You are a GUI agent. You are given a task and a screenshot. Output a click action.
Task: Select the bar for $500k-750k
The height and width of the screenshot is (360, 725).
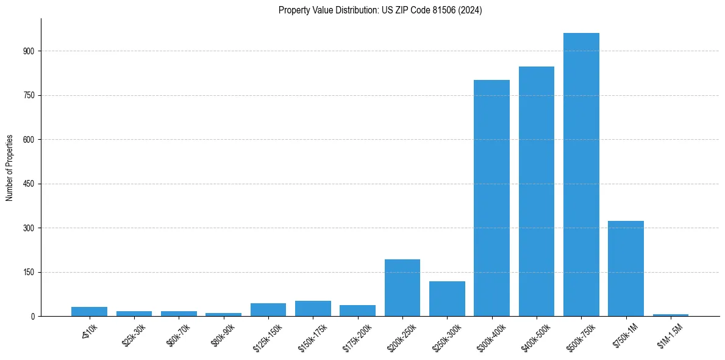(x=581, y=175)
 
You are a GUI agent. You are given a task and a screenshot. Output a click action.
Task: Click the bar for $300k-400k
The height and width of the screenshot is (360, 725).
(x=491, y=198)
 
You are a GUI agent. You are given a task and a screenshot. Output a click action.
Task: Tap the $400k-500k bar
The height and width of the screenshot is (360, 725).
(x=537, y=191)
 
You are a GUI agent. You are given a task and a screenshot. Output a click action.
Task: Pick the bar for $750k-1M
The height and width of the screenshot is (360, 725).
(x=626, y=268)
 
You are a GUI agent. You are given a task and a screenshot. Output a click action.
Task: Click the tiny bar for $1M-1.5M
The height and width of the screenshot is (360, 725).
(x=671, y=315)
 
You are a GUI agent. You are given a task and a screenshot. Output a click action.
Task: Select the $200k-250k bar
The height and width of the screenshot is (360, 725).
(x=402, y=287)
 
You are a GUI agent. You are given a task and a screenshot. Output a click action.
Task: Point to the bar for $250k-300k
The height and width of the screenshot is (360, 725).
(x=447, y=298)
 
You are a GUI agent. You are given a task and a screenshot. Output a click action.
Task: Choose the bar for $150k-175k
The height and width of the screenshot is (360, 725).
(x=313, y=308)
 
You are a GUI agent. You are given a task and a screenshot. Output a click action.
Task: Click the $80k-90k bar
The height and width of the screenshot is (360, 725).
(x=223, y=314)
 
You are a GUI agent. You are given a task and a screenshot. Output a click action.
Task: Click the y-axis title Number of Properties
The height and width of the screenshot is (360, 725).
(x=10, y=168)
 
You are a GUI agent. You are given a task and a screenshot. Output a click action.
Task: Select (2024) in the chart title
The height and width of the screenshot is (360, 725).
(x=471, y=10)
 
